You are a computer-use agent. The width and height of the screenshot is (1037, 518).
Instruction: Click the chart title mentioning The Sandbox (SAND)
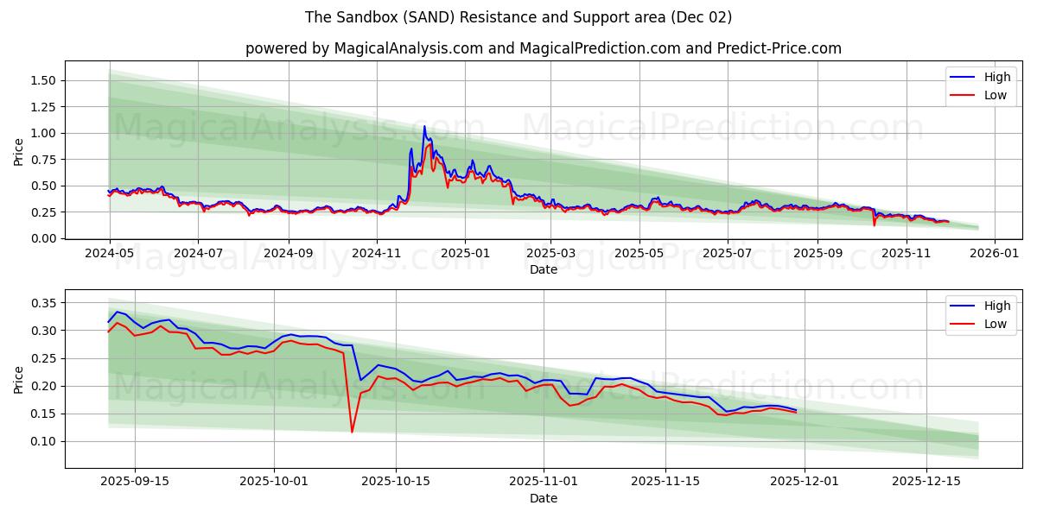tap(518, 17)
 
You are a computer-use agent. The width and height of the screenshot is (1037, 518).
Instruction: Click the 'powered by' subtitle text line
tap(543, 48)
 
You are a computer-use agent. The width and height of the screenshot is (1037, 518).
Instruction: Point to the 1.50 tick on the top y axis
tap(42, 80)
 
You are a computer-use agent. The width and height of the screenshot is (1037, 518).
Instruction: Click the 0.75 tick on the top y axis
tap(42, 160)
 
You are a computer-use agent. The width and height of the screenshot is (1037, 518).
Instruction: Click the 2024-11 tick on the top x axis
tap(377, 254)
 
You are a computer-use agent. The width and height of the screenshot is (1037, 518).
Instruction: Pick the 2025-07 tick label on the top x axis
tap(728, 254)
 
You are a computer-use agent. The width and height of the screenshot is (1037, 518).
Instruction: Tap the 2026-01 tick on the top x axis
tap(995, 254)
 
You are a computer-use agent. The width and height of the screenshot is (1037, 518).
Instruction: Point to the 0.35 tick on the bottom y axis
tap(42, 303)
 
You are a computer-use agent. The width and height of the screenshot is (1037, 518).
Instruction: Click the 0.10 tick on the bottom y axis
tap(42, 441)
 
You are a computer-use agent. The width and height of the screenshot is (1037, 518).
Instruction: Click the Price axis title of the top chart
tap(19, 151)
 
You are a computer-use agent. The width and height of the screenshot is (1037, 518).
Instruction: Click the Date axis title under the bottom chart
tap(543, 498)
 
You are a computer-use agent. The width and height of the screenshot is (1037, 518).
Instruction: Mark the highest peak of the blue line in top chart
tap(424, 127)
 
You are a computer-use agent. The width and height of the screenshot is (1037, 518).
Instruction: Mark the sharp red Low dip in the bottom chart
tap(352, 432)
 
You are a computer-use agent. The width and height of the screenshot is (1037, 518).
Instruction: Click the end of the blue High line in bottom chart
tap(796, 410)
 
